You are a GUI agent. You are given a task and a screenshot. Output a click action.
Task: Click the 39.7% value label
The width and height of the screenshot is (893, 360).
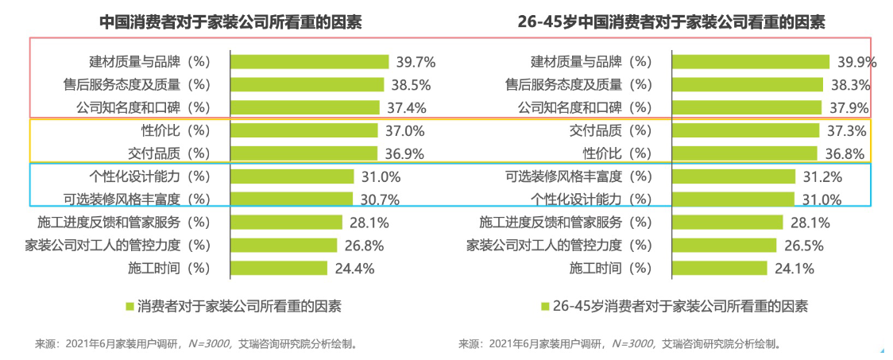[416, 62]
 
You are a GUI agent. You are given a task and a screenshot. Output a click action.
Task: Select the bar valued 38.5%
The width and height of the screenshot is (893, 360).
[307, 84]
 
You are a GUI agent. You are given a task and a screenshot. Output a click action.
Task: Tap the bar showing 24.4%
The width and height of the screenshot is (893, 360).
[279, 269]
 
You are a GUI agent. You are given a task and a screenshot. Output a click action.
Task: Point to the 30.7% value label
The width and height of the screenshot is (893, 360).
[379, 199]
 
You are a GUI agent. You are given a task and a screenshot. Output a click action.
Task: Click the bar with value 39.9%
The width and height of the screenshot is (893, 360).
[751, 62]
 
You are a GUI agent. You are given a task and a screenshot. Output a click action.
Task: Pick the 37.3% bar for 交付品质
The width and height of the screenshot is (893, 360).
[745, 130]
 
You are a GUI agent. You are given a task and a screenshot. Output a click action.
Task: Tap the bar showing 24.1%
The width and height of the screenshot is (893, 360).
[720, 269]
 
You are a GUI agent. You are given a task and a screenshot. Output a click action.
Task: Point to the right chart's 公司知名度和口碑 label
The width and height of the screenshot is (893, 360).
[584, 107]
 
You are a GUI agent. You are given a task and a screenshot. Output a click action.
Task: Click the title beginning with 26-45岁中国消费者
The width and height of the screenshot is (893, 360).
[671, 22]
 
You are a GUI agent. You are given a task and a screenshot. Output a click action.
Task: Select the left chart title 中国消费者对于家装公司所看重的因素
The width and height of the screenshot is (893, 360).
[230, 22]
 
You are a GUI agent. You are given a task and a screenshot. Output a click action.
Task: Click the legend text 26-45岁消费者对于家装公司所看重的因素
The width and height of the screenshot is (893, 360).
[680, 306]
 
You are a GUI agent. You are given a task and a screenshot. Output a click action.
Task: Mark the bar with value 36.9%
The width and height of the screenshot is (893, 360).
[303, 153]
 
